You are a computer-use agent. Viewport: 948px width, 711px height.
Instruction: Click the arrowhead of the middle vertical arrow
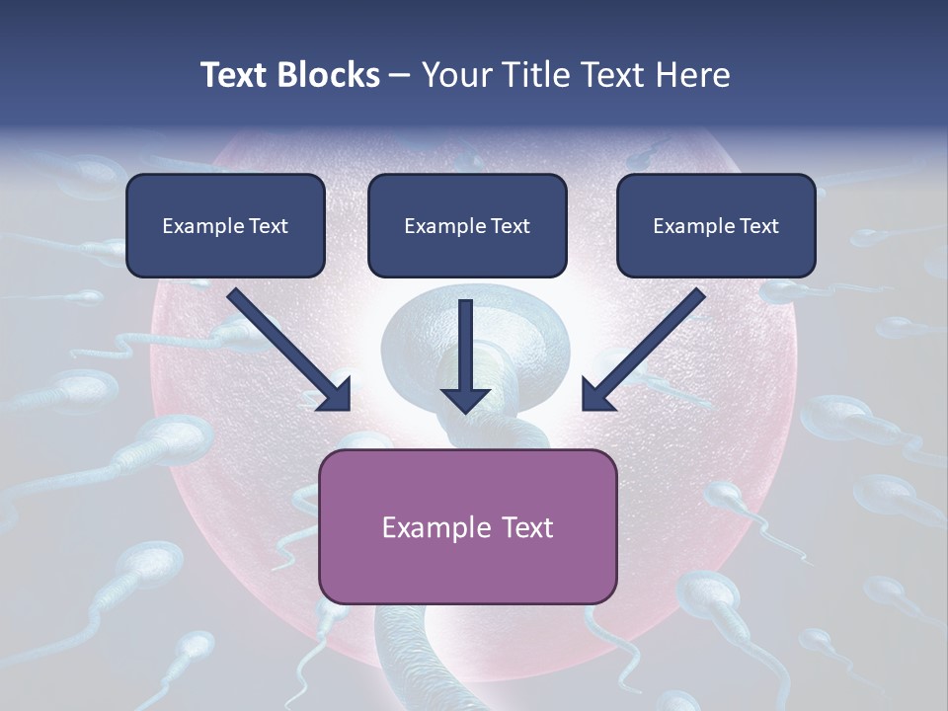coord(466,399)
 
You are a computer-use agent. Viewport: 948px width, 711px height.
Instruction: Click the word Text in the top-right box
coord(759,226)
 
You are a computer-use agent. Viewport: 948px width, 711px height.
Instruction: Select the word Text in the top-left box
coord(269,226)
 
